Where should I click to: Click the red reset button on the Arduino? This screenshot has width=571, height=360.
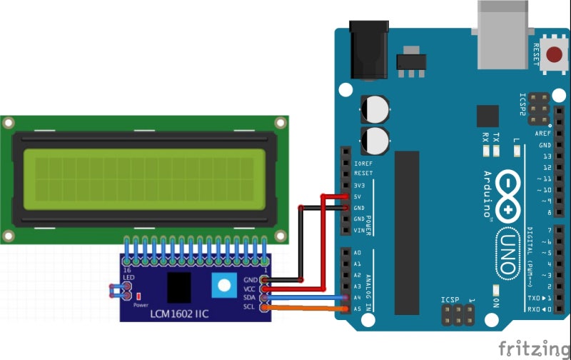coord(554,54)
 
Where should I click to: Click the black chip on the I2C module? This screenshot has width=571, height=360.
coord(178,287)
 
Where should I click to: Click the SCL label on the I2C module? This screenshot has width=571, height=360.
coord(251,308)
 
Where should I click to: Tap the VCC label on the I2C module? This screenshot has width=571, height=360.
coord(250,289)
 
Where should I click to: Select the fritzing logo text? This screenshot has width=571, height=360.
coord(534,348)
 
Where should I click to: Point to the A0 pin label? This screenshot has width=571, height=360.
coord(358,253)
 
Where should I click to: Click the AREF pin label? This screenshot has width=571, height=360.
coord(543,134)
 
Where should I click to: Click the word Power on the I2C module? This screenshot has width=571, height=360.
coord(141,304)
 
